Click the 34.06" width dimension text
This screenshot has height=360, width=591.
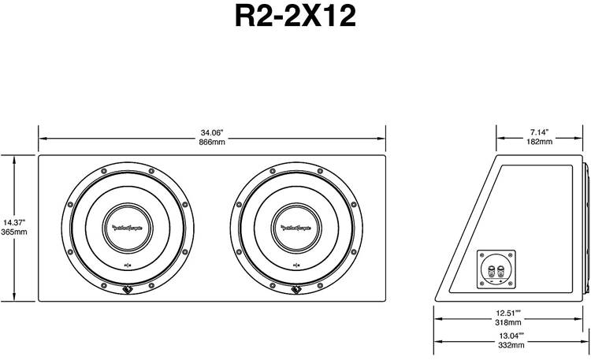[212, 132]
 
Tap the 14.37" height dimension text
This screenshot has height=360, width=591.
[14, 222]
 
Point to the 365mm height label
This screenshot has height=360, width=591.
[14, 232]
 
